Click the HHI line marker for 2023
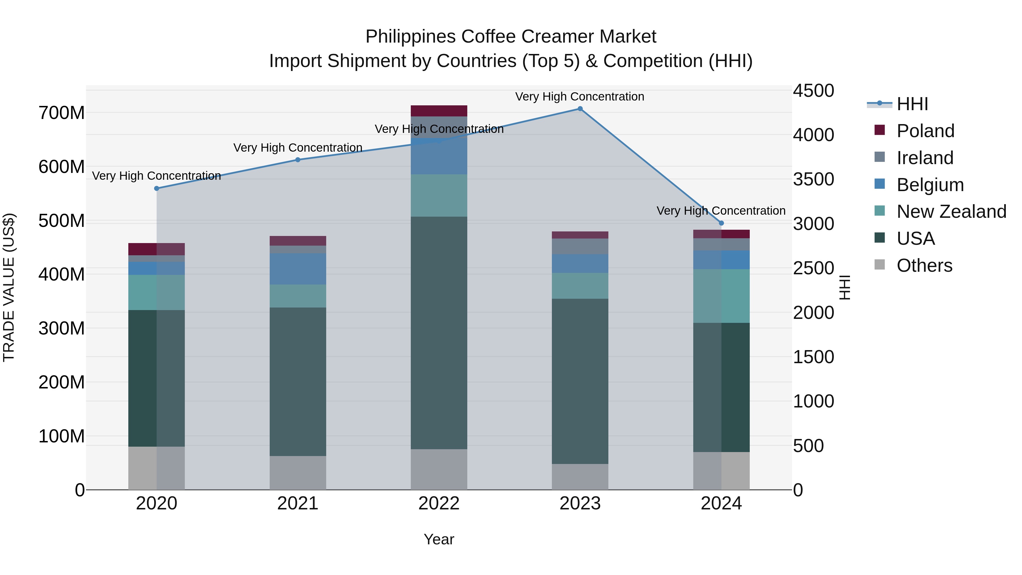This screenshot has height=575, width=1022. [580, 109]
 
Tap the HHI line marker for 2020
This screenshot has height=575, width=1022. [157, 189]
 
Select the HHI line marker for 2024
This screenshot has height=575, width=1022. [721, 223]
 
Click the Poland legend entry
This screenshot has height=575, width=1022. [925, 131]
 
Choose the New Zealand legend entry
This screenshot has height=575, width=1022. [951, 212]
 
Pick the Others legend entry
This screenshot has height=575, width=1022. [924, 265]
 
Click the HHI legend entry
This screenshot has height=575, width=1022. [912, 104]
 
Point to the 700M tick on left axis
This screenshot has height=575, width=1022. [62, 113]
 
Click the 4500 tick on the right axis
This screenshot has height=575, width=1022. [813, 91]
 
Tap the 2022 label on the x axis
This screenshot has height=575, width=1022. [439, 503]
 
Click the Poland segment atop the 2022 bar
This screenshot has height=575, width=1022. [439, 111]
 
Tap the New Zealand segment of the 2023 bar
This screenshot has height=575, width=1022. [580, 286]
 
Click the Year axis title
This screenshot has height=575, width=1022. [439, 539]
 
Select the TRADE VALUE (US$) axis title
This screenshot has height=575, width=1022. [9, 287]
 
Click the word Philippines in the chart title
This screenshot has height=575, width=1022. [410, 37]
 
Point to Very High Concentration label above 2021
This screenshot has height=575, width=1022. [298, 148]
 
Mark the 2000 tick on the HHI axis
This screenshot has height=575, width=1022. [813, 313]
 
